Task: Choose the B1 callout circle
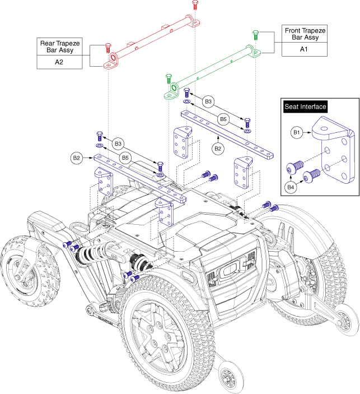click(x=298, y=133)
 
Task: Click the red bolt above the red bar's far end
click(x=194, y=4)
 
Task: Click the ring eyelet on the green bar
click(x=174, y=89)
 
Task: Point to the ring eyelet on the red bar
click(x=114, y=58)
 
